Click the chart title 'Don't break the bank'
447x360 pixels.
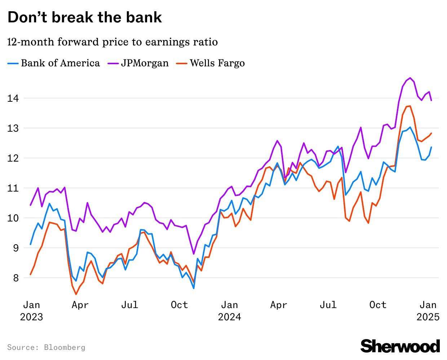(x=85, y=17)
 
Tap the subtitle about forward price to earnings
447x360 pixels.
(x=112, y=42)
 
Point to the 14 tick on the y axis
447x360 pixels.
(x=13, y=98)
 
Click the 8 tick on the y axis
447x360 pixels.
(x=16, y=278)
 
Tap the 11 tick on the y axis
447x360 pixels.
(x=13, y=188)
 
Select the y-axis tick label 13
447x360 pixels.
(x=13, y=128)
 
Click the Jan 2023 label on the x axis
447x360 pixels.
(x=31, y=311)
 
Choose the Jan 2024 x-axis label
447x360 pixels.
(x=229, y=311)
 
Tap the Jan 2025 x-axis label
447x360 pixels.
(x=428, y=311)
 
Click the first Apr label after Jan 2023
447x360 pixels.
(x=80, y=305)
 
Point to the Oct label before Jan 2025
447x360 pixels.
(x=378, y=305)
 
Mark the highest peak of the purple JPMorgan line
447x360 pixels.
(x=411, y=78)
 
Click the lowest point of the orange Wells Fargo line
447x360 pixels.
(x=76, y=294)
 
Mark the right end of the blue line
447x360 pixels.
(x=431, y=147)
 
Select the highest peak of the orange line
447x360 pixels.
(x=410, y=106)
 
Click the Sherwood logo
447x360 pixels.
(x=400, y=346)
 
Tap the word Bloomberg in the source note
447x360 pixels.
(x=65, y=347)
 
